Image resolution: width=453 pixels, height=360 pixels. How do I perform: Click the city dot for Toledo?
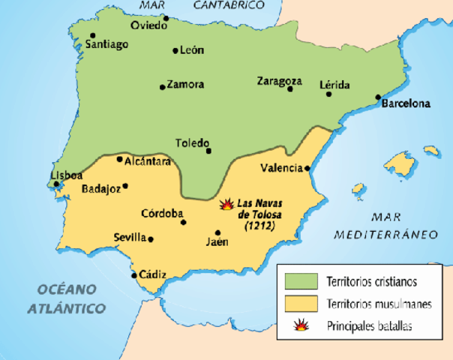(x=209, y=151)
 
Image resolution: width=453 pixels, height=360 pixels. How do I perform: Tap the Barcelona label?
(x=406, y=104)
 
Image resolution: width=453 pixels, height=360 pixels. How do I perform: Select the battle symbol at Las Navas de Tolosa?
(x=226, y=203)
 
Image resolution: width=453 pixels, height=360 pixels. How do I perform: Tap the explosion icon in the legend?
(x=298, y=325)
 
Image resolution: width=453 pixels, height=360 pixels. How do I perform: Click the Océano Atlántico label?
(x=66, y=298)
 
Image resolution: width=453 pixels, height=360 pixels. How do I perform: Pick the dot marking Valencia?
(x=307, y=169)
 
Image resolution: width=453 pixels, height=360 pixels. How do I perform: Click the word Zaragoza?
(x=279, y=80)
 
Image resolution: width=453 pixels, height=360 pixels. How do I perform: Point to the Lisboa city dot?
(x=55, y=183)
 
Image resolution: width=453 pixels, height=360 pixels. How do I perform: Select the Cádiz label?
(x=152, y=274)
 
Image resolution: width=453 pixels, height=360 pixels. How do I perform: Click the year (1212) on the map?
(x=257, y=226)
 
